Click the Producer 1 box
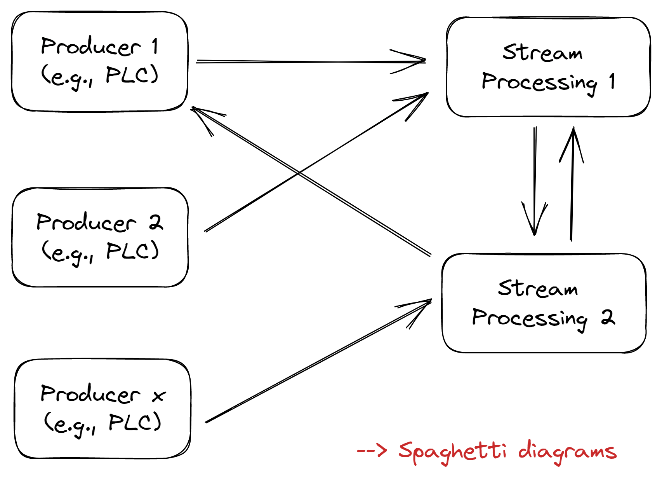(x=100, y=61)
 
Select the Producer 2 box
(x=100, y=238)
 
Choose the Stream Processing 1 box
(x=548, y=67)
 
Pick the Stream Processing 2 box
(x=544, y=303)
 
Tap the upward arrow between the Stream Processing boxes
(x=572, y=183)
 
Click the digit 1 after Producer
(x=155, y=46)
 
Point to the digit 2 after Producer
(x=156, y=222)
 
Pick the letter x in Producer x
(x=158, y=396)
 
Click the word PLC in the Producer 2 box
(x=132, y=251)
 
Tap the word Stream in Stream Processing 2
(x=538, y=288)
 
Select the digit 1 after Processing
(x=612, y=81)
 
